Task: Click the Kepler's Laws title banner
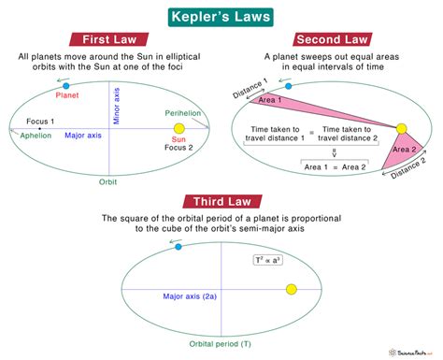tap(221, 16)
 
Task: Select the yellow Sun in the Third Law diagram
tap(291, 289)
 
